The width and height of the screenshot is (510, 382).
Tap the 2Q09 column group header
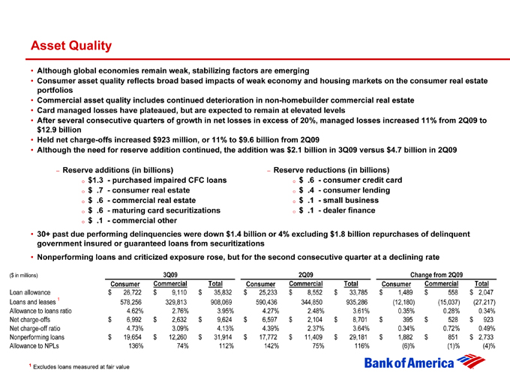tap(305, 274)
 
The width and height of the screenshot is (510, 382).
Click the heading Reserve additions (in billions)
tap(120, 170)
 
